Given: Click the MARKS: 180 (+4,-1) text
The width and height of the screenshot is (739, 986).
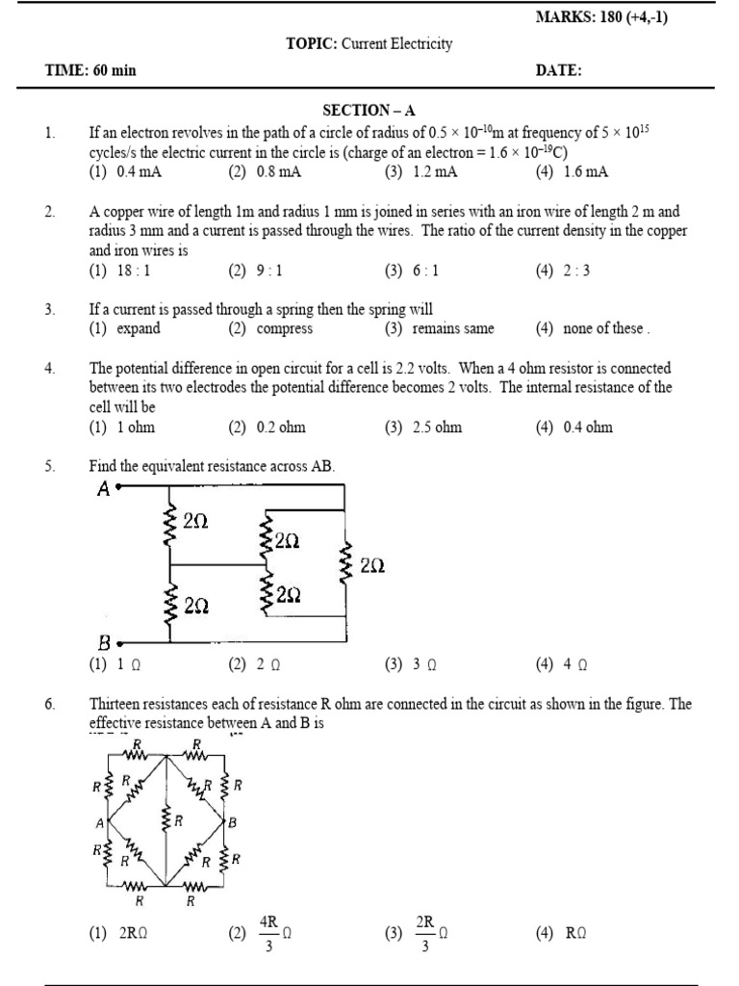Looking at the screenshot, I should [600, 19].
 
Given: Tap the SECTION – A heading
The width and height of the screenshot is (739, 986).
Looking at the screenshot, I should [369, 112].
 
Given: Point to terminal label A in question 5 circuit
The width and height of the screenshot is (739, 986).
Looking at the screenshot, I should [104, 489].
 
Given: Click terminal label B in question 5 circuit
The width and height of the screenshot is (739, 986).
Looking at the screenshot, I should [104, 642].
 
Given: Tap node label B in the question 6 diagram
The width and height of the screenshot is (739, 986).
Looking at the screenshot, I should [232, 823].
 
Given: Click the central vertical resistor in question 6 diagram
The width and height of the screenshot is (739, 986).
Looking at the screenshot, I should [166, 821].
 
